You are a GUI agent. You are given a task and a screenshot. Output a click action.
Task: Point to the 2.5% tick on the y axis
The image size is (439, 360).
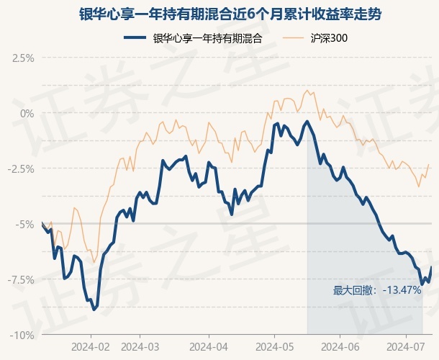click(x=23, y=58)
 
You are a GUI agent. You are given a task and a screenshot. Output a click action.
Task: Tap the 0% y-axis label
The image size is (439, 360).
click(x=27, y=113)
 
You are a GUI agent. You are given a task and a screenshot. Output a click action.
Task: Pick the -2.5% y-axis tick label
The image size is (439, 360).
click(x=21, y=168)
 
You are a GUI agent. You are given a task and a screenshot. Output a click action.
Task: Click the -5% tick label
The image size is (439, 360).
click(x=25, y=224)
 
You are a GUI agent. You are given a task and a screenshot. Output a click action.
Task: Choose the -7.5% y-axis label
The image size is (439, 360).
click(x=21, y=279)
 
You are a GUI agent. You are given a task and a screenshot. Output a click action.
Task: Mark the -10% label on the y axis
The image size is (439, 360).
click(x=23, y=335)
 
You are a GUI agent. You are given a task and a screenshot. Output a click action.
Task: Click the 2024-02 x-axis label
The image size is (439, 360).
click(x=91, y=346)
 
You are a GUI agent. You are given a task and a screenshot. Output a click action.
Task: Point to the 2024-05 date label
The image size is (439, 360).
click(x=275, y=346)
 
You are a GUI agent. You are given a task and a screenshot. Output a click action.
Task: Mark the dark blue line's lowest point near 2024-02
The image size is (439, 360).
click(x=94, y=310)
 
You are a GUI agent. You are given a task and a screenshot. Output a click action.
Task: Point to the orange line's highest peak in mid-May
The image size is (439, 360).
click(x=308, y=90)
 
